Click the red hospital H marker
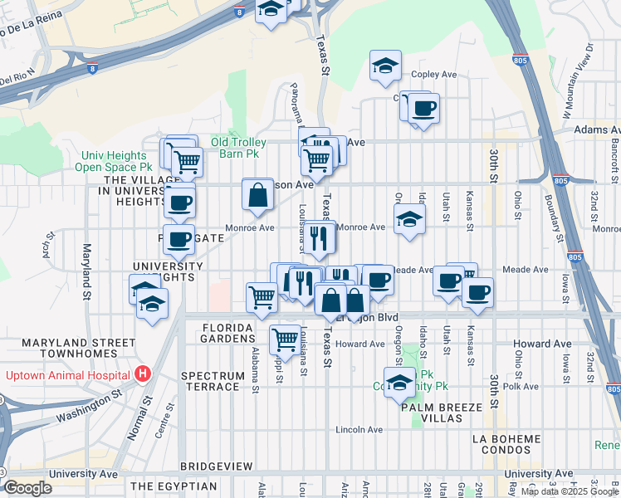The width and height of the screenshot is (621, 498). coord(143,374)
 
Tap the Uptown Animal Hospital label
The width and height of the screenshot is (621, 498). coord(69,374)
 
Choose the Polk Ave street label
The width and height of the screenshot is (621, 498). coord(526,387)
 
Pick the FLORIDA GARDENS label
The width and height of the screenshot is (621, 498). coord(227,333)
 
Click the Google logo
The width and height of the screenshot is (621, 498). coord(27,488)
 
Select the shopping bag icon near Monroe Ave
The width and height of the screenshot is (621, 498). coord(258,195)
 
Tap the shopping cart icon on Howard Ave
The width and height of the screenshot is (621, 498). coord(285,339)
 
